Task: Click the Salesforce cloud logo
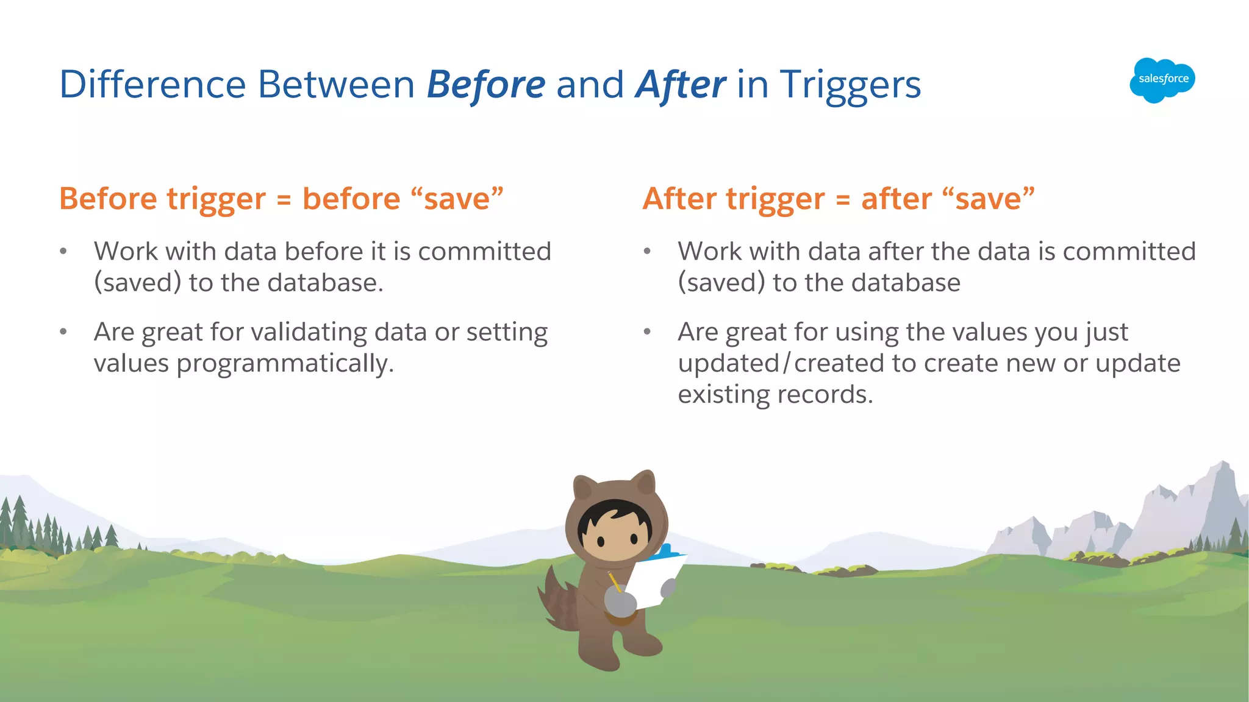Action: pyautogui.click(x=1162, y=79)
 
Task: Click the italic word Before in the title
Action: pyautogui.click(x=485, y=84)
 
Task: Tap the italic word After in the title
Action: pyautogui.click(x=680, y=84)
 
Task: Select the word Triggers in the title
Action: pyautogui.click(x=850, y=84)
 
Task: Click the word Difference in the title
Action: pyautogui.click(x=152, y=84)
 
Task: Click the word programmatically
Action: pyautogui.click(x=284, y=364)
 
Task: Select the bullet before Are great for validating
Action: pyautogui.click(x=63, y=332)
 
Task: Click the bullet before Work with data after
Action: pyautogui.click(x=647, y=252)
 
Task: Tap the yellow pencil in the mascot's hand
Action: pyautogui.click(x=615, y=581)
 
